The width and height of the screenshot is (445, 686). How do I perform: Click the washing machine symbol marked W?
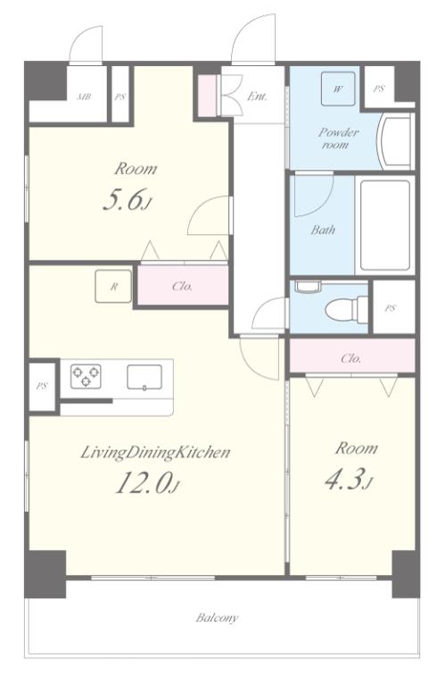(x=338, y=88)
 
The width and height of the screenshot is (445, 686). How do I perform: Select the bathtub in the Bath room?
(x=384, y=225)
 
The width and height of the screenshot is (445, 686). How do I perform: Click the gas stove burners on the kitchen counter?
(x=86, y=376)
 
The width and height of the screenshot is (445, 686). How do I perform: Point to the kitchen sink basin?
(x=144, y=377)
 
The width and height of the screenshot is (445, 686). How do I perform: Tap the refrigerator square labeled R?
(x=113, y=287)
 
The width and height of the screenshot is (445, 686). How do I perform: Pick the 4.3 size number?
(x=349, y=480)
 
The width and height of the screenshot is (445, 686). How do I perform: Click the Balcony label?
(x=217, y=618)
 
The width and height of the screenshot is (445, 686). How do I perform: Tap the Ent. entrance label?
(x=257, y=96)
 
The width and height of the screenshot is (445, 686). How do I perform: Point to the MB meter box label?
(x=85, y=96)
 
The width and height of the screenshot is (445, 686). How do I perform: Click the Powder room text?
(x=338, y=138)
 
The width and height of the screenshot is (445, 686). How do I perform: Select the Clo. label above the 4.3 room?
(x=351, y=359)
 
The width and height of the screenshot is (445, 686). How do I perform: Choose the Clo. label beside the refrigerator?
(x=183, y=286)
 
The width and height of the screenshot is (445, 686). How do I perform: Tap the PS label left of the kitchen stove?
(x=42, y=386)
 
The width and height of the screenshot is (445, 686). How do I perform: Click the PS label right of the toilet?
(x=391, y=308)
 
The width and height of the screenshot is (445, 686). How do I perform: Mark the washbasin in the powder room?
(x=395, y=141)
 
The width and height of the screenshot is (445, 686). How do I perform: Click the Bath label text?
(x=323, y=230)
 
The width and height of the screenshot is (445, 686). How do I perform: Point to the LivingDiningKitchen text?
(x=155, y=453)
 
